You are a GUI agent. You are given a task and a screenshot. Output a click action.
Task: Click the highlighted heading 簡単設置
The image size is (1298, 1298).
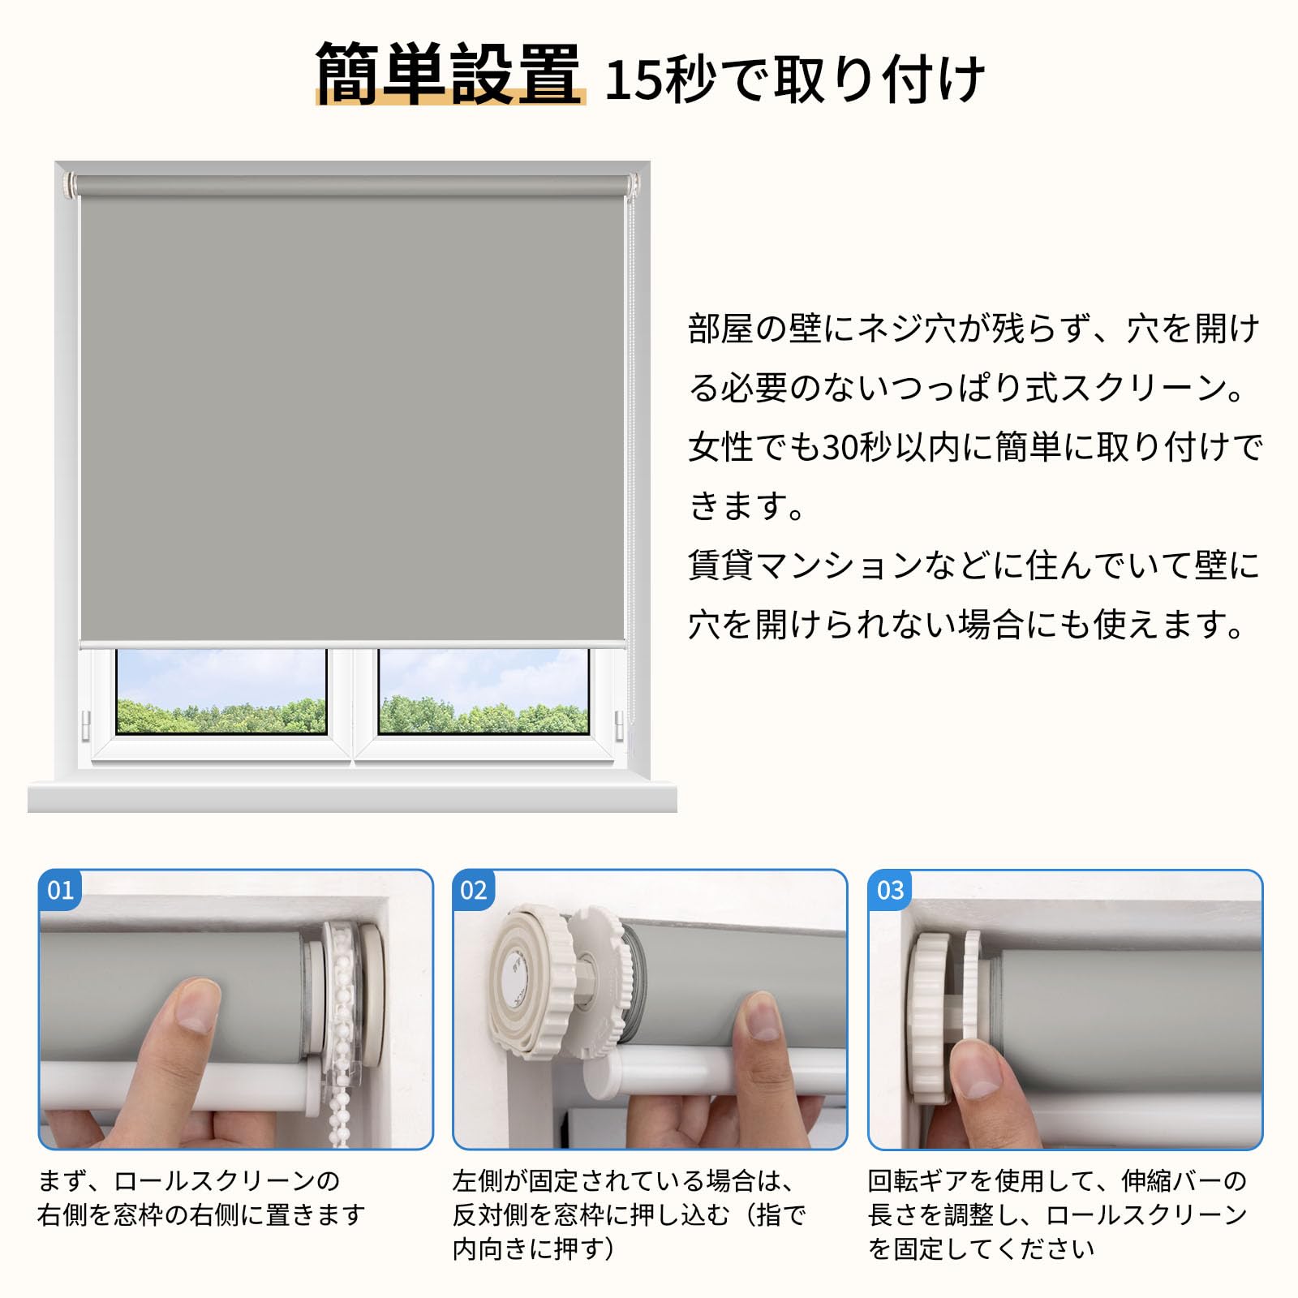click(449, 75)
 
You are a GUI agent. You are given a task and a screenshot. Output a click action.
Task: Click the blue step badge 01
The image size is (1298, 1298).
click(61, 890)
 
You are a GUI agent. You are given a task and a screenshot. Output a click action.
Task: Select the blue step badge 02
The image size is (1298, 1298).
click(474, 890)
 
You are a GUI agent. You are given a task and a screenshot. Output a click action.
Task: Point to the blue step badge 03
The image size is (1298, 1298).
click(890, 890)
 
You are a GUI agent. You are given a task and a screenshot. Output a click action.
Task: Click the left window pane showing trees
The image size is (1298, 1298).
click(221, 690)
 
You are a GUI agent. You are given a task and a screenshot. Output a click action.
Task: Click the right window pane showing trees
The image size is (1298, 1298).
click(484, 690)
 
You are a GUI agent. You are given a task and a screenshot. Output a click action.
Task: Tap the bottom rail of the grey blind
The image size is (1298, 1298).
click(352, 644)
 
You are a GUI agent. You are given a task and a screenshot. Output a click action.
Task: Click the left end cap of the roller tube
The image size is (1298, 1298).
click(70, 185)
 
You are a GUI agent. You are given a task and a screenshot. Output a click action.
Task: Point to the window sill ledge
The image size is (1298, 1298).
click(352, 796)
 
